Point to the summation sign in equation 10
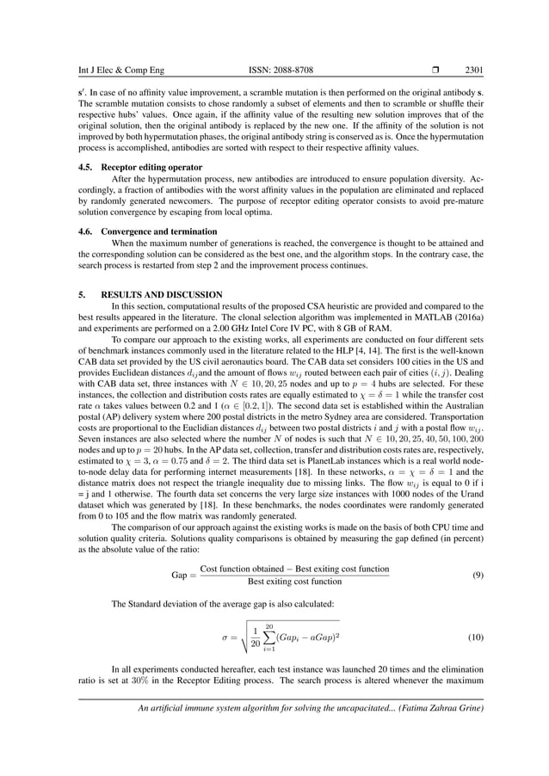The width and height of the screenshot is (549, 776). point(268,637)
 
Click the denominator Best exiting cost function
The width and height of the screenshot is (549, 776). point(294,582)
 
